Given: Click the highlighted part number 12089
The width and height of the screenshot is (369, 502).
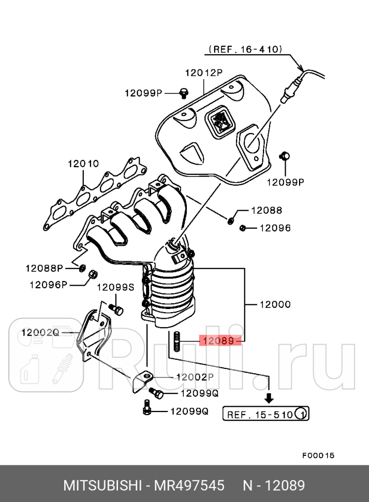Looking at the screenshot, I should (219, 341).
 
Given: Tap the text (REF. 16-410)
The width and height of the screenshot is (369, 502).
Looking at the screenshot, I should (245, 50).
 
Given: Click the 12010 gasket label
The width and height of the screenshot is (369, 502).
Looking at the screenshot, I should (83, 164).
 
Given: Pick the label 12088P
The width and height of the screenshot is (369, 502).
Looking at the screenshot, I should (44, 268).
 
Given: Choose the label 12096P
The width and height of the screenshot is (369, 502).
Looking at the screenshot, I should (48, 284).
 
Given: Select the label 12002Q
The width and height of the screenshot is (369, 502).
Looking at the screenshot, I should (40, 332).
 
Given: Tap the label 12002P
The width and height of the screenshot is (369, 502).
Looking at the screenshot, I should (195, 377).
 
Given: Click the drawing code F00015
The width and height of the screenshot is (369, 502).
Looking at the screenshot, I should (318, 455).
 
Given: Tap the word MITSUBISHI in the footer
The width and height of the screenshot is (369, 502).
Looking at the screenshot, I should (104, 486).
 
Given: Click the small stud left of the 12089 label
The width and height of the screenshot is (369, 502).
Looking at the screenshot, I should (178, 342).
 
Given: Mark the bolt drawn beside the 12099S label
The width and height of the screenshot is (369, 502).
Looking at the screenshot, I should (117, 309).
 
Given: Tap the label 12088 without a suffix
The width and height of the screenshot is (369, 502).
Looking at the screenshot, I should (267, 210).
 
